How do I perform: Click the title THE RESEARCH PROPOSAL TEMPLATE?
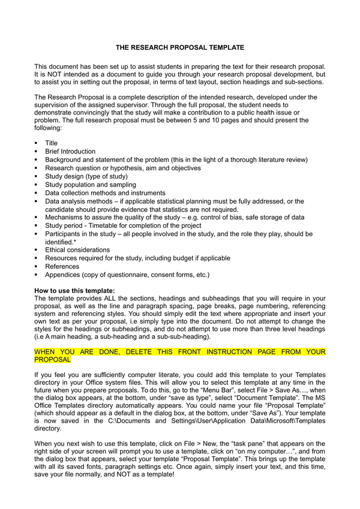click(180, 46)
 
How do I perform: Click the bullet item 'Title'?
click(51, 143)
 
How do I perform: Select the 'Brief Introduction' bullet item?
click(70, 152)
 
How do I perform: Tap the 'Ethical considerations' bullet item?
click(77, 250)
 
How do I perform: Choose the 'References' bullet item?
click(62, 266)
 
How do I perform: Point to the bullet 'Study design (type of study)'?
click(86, 176)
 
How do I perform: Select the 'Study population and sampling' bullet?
click(90, 185)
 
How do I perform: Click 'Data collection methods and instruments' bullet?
click(105, 193)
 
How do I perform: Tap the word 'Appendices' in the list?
click(63, 275)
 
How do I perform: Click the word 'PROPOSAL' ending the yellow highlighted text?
click(52, 360)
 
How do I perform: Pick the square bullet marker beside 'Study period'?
click(37, 225)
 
